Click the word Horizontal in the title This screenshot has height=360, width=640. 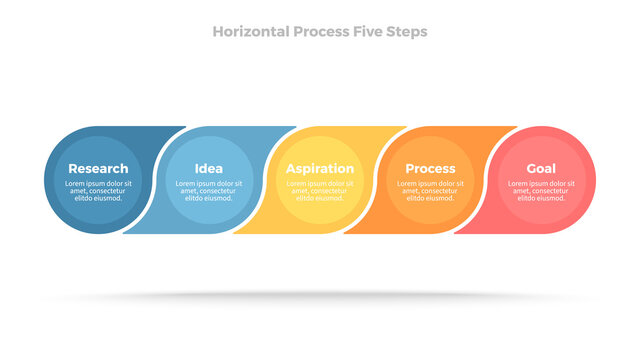251,32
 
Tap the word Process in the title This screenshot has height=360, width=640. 321,32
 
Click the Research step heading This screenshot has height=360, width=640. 98,169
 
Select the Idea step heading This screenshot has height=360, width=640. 209,169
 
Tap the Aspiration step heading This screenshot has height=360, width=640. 320,169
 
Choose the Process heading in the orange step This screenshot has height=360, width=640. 430,169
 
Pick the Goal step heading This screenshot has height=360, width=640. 541,169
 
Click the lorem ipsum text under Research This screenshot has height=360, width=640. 98,191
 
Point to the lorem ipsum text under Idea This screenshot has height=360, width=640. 209,191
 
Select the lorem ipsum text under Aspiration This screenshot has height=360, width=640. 320,191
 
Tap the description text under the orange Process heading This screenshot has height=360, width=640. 430,191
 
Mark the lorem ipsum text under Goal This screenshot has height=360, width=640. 541,191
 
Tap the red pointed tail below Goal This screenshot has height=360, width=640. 455,233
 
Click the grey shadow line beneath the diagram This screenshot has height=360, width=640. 320,296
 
